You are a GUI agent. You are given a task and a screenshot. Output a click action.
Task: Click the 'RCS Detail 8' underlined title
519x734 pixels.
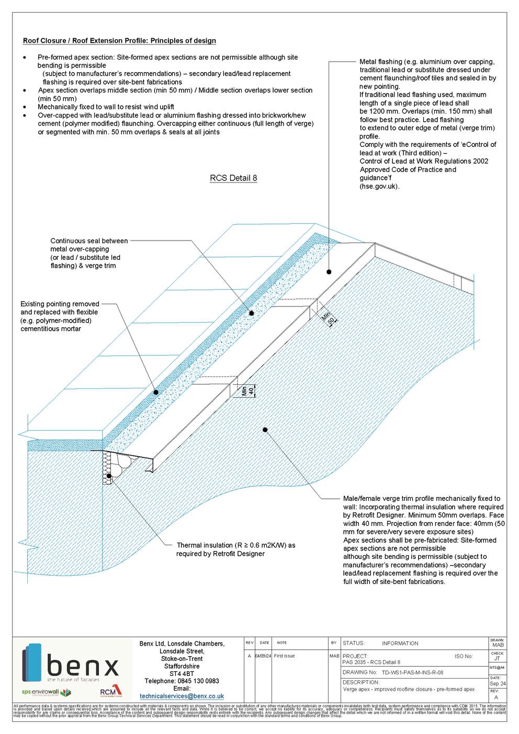tap(233, 178)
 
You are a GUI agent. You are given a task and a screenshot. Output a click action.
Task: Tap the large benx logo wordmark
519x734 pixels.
tap(82, 668)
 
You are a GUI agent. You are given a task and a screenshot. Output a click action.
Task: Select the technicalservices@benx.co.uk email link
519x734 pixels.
tap(182, 696)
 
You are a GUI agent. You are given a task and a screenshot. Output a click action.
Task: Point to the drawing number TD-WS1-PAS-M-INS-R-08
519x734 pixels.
tap(414, 672)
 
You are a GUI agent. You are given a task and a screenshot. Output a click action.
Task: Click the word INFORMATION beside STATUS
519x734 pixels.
tap(400, 644)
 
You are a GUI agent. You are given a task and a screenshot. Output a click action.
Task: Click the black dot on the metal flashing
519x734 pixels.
tap(329, 271)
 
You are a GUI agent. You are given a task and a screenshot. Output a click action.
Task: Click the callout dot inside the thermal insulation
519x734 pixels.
tap(109, 476)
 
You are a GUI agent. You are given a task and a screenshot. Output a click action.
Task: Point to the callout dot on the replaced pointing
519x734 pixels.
tap(155, 392)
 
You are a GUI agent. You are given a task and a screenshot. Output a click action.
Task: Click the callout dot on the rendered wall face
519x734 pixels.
tap(265, 430)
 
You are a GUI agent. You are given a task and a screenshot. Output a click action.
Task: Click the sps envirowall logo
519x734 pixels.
tap(46, 692)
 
